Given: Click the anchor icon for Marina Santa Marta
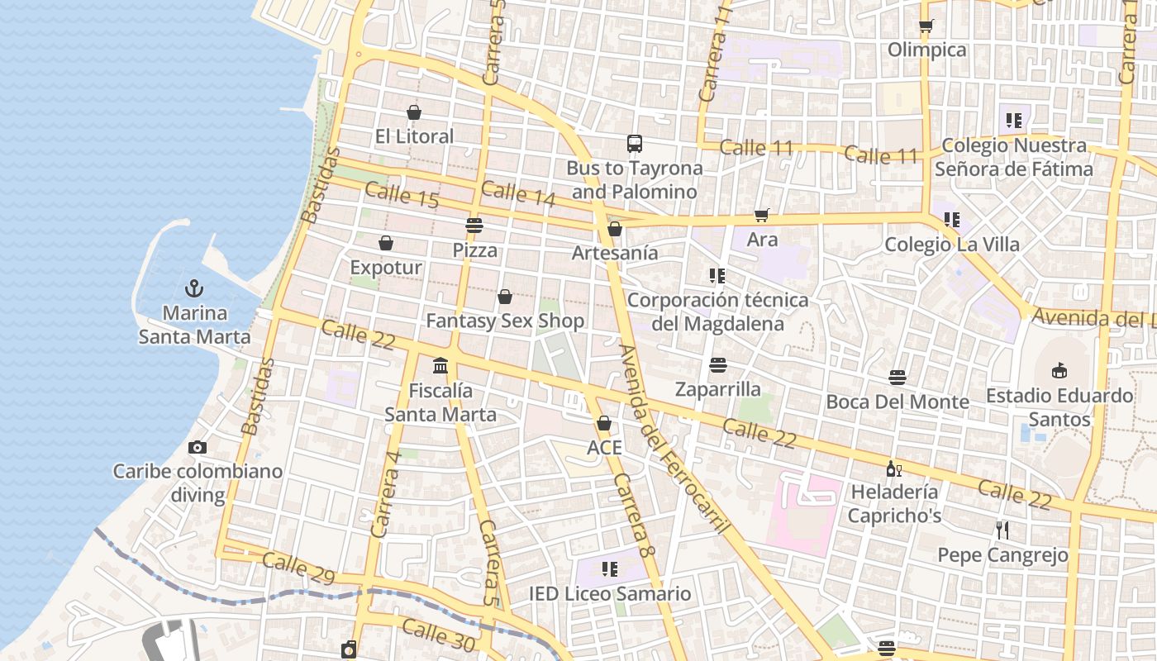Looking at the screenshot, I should point(194,288).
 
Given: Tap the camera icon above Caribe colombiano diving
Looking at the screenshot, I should point(198,447).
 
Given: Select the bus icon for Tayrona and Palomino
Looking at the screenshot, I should point(634,144).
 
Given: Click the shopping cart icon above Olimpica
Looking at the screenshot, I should point(926,26).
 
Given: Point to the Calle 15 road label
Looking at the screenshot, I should point(402,195).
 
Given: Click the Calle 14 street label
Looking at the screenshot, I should point(518,193).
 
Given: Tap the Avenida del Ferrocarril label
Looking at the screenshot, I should point(674,437).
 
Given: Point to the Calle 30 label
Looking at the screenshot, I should point(439,635).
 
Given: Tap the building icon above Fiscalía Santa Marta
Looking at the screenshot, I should point(440,365).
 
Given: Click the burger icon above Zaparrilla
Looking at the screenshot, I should point(717,364).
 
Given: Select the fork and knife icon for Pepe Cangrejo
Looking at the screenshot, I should point(1002,530).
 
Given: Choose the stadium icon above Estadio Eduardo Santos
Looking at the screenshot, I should point(1059,370).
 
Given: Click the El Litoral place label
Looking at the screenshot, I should point(414,136).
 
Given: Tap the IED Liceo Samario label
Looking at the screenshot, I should point(610,593).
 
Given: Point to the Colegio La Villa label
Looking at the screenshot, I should point(952,245).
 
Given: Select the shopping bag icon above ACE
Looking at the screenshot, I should point(604,423).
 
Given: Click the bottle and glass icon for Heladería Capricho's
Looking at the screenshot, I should point(893,468).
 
